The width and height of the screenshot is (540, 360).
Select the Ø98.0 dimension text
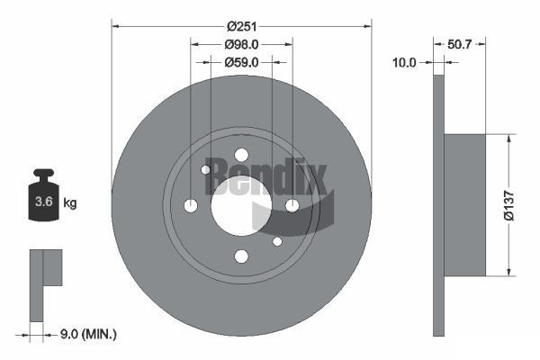[x=241, y=44]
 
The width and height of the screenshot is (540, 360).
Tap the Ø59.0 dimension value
[x=241, y=62]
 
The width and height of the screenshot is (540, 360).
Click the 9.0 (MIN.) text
[x=86, y=334]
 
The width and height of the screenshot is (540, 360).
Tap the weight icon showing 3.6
[x=43, y=199]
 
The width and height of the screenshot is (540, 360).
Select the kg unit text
[x=70, y=202]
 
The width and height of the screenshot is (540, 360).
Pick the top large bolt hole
[x=241, y=155]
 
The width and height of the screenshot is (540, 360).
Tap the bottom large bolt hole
[x=241, y=256]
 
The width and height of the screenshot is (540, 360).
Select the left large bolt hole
[x=190, y=206]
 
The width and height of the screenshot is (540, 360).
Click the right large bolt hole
[x=292, y=206]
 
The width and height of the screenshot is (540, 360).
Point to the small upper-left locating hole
[x=206, y=169]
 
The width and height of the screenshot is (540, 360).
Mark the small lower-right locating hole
[x=277, y=241]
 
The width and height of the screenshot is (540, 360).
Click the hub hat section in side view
[x=465, y=205]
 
